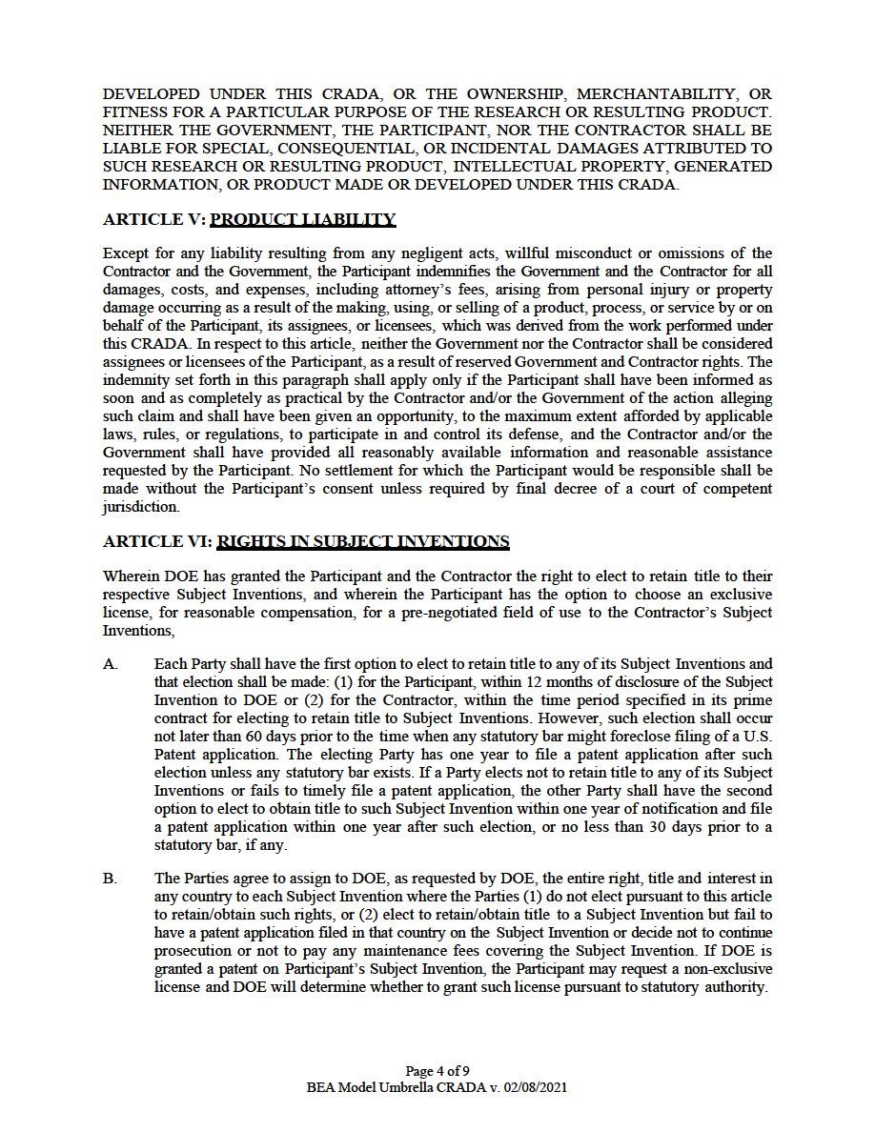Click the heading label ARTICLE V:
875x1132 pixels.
153,220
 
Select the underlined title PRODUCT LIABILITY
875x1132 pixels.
302,220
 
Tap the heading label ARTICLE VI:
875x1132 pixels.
157,542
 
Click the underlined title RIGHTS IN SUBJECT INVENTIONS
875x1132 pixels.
363,542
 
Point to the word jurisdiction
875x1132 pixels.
140,507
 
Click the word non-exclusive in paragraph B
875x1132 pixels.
725,969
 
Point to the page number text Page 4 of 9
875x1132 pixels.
437,1069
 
